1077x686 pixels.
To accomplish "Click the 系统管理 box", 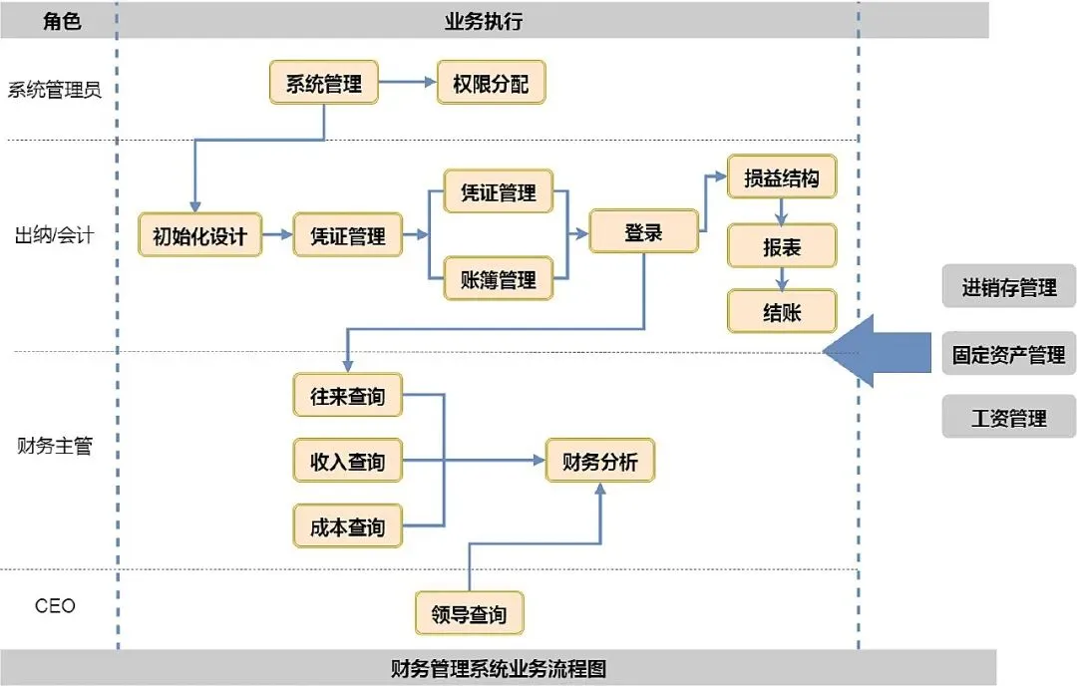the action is point(323,83).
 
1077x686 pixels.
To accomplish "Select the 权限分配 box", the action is point(491,83).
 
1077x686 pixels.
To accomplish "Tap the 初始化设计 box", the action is point(199,235).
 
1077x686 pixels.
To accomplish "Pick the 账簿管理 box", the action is point(498,279).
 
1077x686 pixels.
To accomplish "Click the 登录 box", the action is point(643,231).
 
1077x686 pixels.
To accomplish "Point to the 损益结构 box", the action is point(782,177).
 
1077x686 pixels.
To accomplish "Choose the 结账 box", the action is point(782,311).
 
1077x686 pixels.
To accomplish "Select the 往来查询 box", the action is point(348,395).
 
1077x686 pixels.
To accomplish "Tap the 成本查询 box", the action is point(348,526).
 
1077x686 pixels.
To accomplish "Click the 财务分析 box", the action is point(600,460).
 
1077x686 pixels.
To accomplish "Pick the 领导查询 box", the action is point(469,613).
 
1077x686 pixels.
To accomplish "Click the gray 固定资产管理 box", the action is point(1008,354).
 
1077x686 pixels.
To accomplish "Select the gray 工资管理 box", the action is point(1008,417).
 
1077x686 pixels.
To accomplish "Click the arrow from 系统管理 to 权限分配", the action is point(407,83).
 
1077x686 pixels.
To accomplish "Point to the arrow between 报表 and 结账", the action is point(782,278).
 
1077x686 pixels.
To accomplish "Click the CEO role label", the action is point(55,605).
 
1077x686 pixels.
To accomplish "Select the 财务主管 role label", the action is point(55,446).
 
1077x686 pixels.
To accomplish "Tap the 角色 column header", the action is point(62,21).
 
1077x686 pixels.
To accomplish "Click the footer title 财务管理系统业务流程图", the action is point(499,668).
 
